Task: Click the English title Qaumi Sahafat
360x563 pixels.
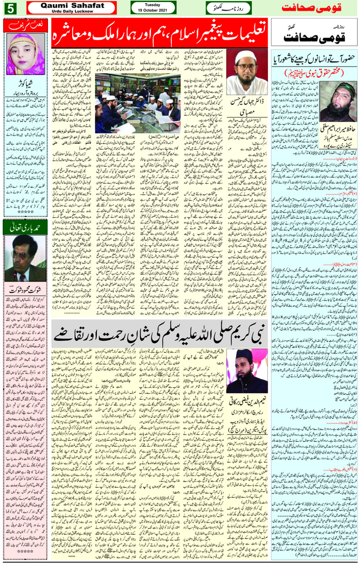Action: [72, 5]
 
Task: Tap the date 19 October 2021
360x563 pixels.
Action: [153, 10]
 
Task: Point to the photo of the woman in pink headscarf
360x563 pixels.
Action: [26, 55]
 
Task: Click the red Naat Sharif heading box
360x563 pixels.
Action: [26, 26]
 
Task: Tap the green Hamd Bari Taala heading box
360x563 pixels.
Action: [26, 228]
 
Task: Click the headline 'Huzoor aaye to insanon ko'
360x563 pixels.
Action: [314, 60]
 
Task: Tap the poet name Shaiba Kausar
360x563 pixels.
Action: [26, 83]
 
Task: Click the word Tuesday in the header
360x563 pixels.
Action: [153, 5]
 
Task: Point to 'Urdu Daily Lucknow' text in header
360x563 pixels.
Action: [72, 11]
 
